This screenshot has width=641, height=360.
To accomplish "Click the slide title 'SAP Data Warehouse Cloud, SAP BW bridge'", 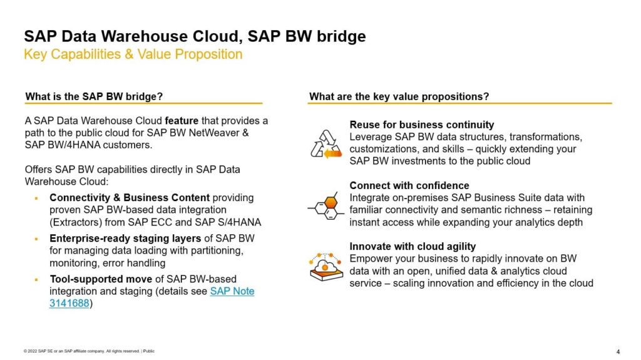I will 195,36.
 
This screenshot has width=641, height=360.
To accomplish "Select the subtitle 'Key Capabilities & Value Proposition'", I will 133,54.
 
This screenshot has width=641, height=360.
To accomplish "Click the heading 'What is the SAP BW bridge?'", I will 94,96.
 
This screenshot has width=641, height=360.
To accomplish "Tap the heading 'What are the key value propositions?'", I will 399,96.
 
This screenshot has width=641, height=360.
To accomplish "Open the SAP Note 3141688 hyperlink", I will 232,291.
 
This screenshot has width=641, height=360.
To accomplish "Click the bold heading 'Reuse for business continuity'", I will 421,125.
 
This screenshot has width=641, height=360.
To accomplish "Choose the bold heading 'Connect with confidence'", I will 409,185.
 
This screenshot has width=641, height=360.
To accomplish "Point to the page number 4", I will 618,351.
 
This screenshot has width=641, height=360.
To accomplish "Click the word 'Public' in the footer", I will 149,351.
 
